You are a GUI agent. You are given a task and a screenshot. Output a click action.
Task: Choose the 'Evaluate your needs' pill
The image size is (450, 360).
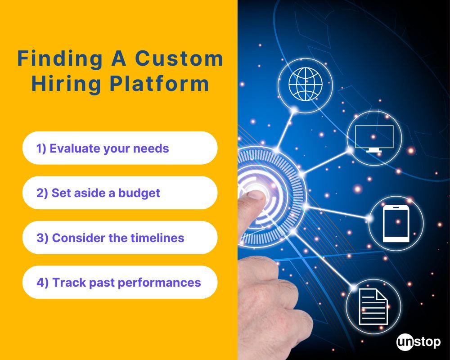coord(120,148)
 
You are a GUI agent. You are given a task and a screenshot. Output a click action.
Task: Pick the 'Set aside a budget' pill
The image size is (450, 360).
coord(120,193)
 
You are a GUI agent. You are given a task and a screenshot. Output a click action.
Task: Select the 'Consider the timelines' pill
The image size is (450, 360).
coord(120,238)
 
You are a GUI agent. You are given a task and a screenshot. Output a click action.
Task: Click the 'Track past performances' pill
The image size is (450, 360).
coord(120,282)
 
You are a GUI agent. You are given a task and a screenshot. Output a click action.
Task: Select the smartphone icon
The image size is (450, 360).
coord(396,224)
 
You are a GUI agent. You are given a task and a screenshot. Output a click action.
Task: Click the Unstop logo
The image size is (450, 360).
coord(418,342)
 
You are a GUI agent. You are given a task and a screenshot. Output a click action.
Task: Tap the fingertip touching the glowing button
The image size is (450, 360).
coord(256,194)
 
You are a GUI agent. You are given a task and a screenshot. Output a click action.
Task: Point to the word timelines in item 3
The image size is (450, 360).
coord(157,238)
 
